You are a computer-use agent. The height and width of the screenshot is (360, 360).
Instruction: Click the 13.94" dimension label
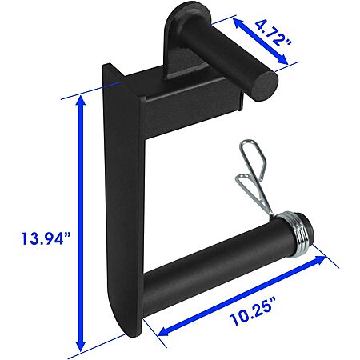pos(46,238)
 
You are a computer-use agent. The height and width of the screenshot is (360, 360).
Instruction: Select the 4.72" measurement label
pos(273,33)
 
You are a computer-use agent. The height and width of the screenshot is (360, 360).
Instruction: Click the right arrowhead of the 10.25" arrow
pos(320,259)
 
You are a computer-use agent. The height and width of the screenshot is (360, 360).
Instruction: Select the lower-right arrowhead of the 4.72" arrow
pos(283,60)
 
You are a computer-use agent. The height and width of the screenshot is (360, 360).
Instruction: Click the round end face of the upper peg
pos(264,86)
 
